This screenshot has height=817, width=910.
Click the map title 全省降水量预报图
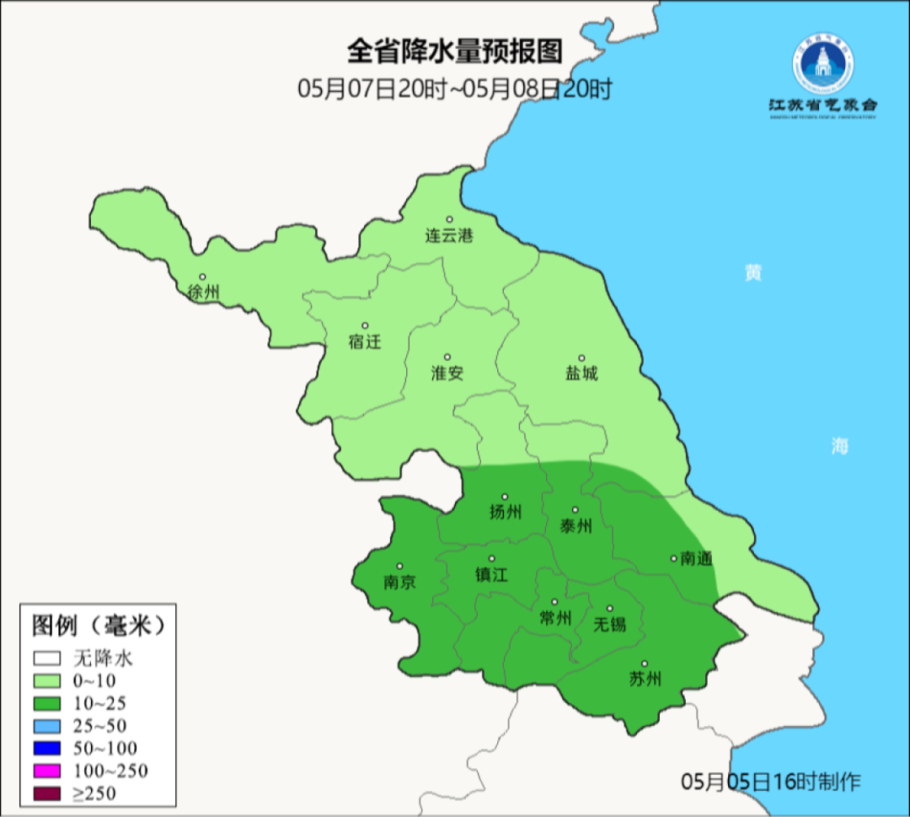[x=454, y=51]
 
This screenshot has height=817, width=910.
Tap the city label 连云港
[x=448, y=235]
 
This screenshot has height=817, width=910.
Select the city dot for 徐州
[x=202, y=277]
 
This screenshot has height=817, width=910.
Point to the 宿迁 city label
[x=365, y=341]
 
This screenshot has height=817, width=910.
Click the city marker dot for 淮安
[x=447, y=357]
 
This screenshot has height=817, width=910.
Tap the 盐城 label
[x=581, y=373]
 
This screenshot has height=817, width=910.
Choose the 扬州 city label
[x=506, y=512]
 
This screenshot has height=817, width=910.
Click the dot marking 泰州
[x=575, y=510]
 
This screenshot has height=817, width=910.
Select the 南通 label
[x=697, y=558]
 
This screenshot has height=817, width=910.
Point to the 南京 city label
[x=399, y=582]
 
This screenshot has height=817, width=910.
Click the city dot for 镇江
[x=492, y=558]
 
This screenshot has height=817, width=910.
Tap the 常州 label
[x=555, y=618]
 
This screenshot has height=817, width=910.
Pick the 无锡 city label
[x=610, y=624]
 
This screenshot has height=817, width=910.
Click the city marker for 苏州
[x=645, y=664]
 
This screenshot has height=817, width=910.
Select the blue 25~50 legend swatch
[x=48, y=725]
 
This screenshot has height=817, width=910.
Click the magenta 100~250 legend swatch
[x=48, y=771]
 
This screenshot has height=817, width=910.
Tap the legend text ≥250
[x=94, y=793]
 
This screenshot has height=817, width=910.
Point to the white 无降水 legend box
[x=48, y=658]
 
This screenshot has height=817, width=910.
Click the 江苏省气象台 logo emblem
[x=822, y=67]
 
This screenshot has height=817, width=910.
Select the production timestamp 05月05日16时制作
[x=771, y=781]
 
